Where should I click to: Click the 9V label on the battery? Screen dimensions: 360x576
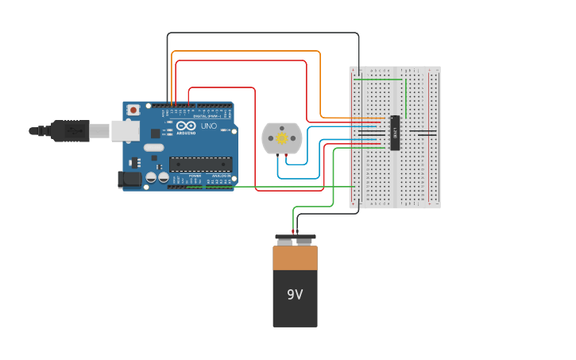295,295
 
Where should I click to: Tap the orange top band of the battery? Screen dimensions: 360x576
295,258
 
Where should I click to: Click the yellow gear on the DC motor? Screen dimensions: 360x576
281,138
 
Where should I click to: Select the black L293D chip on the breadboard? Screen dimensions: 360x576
395,133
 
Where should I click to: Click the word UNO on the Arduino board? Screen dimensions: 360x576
208,126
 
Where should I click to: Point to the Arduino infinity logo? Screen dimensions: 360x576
187,126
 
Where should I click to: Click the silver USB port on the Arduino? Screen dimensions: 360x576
125,130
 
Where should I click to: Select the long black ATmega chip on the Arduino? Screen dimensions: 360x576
200,165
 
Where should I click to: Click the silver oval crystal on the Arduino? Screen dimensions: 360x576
153,147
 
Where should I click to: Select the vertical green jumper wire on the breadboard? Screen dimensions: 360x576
406,98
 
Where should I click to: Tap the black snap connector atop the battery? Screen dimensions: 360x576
295,237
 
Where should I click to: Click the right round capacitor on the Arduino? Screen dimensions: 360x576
163,177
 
